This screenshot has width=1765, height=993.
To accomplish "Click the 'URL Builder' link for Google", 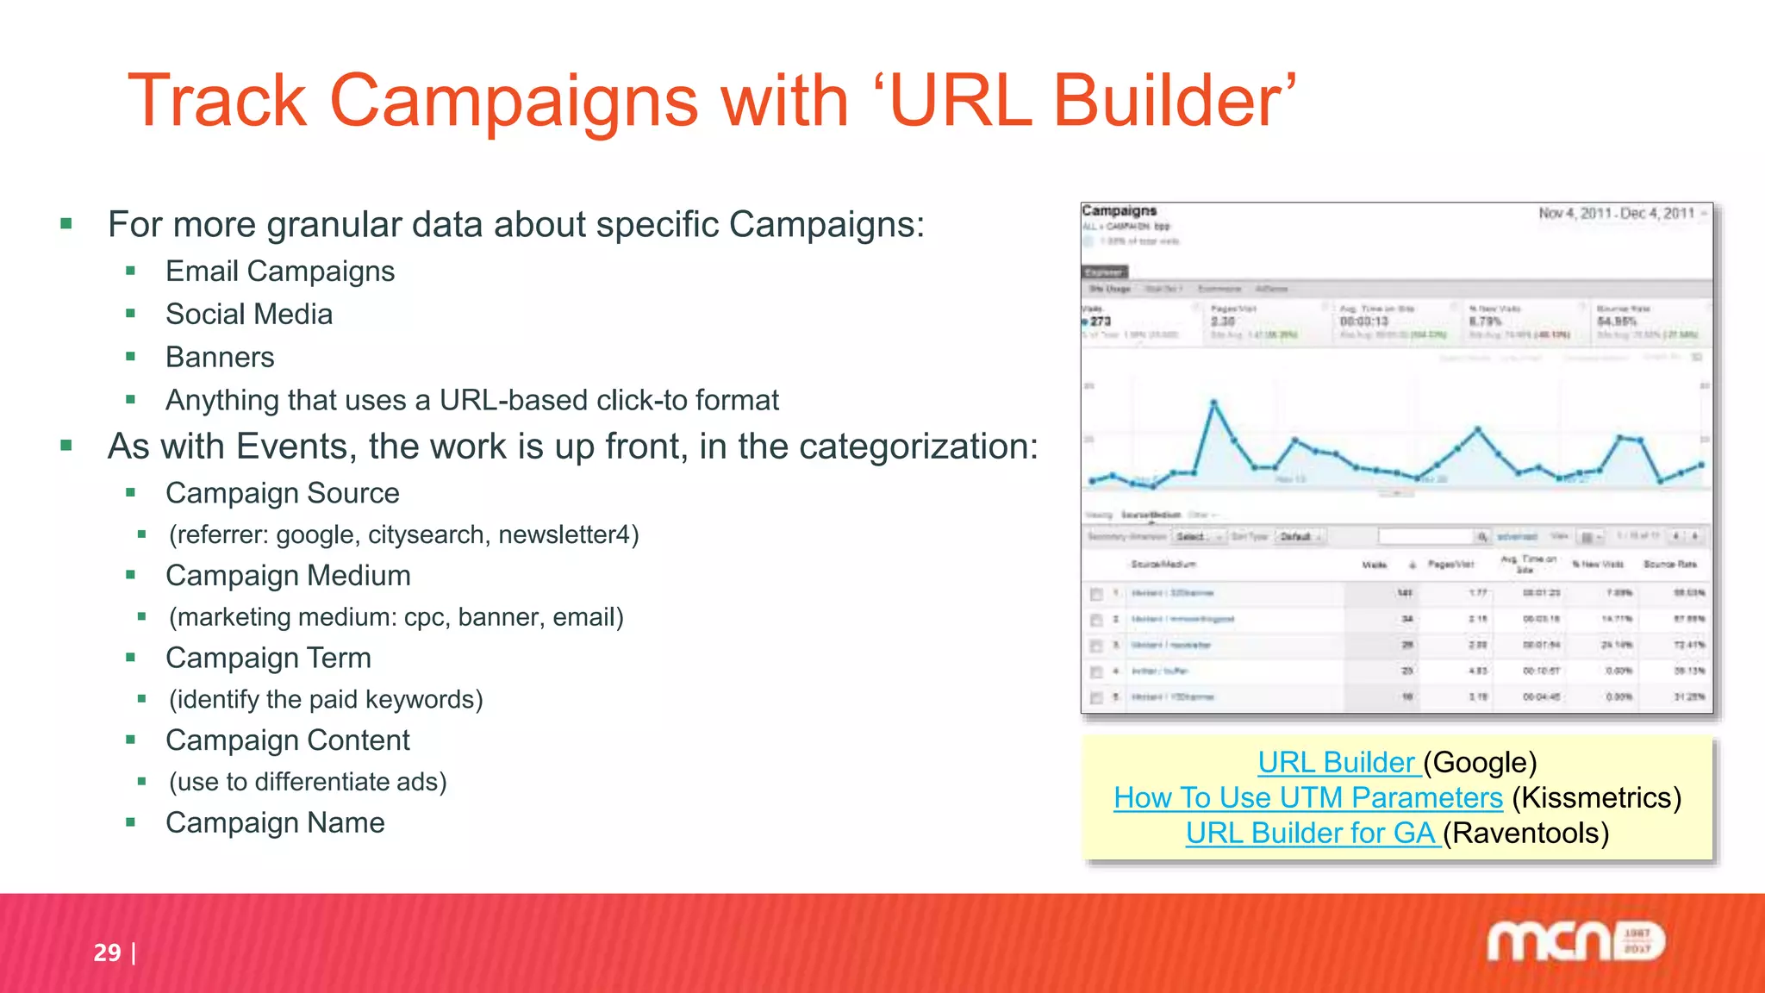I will coord(1337,763).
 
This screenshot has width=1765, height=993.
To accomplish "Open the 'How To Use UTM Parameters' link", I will coord(1307,798).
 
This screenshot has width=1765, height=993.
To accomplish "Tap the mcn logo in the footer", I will coord(1575,942).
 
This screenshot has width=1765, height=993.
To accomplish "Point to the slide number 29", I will coord(107,952).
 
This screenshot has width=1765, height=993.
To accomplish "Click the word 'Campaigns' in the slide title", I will coord(514,101).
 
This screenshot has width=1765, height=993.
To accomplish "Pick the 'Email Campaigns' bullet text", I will coord(280,272).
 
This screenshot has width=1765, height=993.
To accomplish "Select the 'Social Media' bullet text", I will coord(249,315).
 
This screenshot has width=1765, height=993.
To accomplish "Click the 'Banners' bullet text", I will coord(220,358).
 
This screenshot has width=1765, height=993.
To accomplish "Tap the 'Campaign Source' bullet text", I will coord(283,494).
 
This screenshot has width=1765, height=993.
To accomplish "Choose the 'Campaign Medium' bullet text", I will coord(288,576).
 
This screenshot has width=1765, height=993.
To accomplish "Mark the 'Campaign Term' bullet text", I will coord(268,659).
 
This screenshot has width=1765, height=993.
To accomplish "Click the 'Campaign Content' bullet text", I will coord(288,740).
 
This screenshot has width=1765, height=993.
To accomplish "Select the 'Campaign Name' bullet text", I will coord(275,823).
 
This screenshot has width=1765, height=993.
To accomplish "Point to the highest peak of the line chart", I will coord(1214,403).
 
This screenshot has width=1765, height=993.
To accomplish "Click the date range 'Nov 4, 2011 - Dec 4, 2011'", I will coord(1616,214).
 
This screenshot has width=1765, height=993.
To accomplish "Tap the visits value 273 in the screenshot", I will coord(1101,322).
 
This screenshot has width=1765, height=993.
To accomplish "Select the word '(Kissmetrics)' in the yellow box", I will coord(1596,798).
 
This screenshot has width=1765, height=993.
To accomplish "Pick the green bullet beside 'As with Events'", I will coord(66,446).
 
